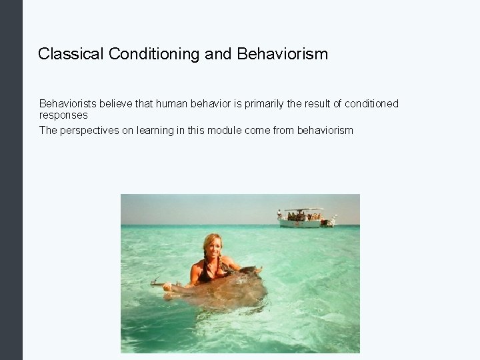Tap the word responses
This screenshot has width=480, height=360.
[63, 115]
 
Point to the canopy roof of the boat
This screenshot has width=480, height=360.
[300, 211]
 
